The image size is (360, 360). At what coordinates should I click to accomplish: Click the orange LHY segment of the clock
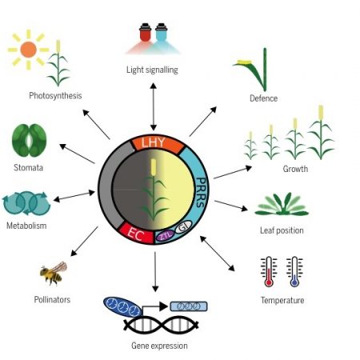(x=152, y=142)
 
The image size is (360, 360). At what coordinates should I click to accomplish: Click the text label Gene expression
(x=159, y=346)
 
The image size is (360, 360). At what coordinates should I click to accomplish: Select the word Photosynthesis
(x=55, y=96)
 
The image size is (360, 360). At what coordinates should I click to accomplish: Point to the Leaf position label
(x=282, y=230)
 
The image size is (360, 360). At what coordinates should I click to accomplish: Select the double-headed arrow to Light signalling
(x=153, y=103)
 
